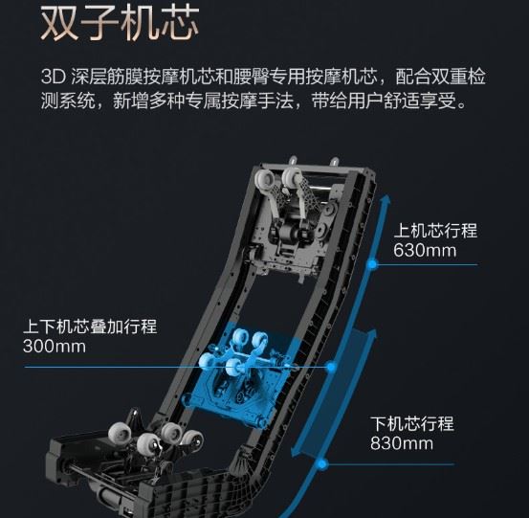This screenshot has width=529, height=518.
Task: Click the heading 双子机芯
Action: [120, 25]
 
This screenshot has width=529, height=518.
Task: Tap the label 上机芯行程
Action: [435, 231]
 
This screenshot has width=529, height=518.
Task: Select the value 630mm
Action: [425, 251]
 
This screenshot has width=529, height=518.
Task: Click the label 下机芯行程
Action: [412, 423]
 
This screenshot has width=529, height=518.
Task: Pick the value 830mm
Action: [402, 443]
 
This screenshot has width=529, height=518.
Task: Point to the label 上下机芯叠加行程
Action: [90, 327]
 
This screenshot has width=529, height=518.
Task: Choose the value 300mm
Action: [55, 347]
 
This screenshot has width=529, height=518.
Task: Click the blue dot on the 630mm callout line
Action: [372, 264]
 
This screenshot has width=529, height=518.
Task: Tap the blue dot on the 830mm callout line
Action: [322, 464]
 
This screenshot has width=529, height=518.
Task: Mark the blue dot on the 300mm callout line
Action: [332, 367]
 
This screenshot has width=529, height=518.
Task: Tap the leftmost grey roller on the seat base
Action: [120, 433]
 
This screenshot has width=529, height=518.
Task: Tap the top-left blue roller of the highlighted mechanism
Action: [241, 337]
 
